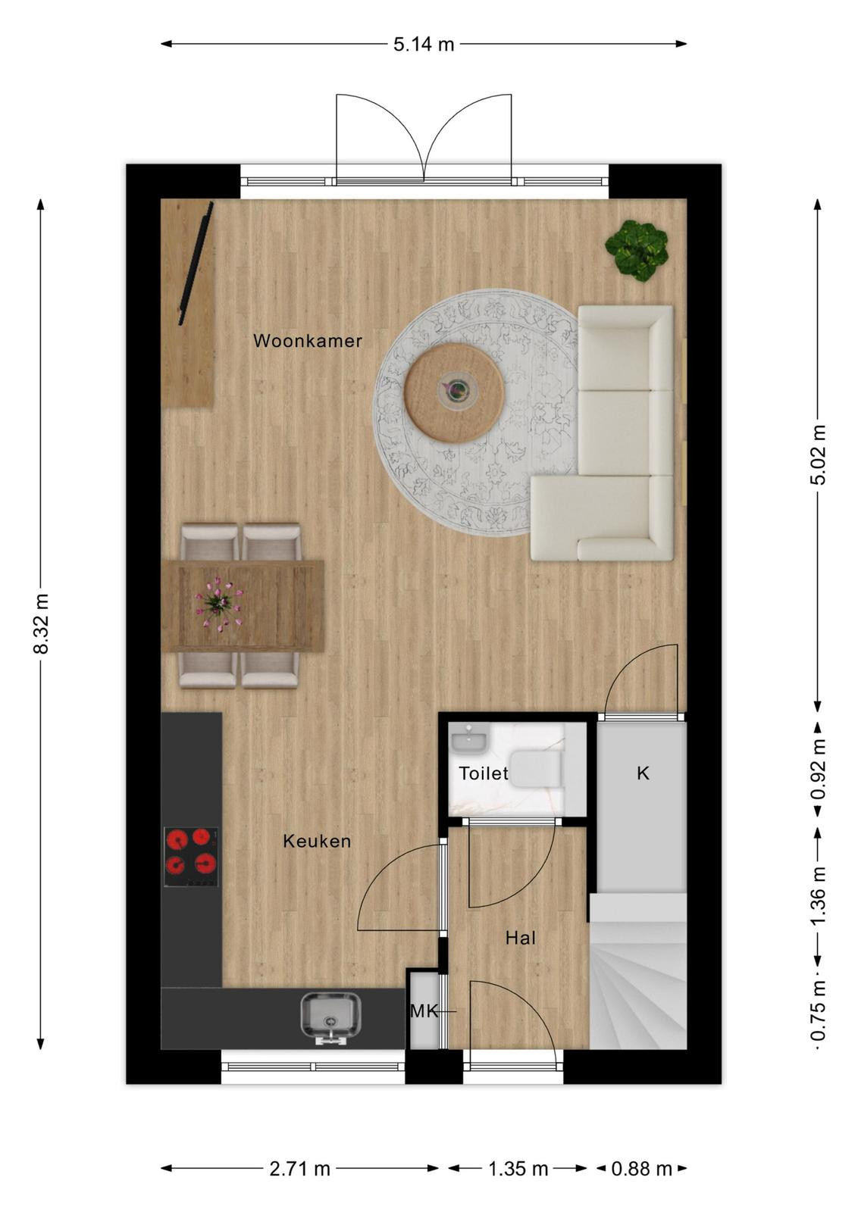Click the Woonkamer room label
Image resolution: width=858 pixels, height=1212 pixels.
pos(308,341)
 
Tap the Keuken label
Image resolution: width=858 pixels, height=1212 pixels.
pos(318,841)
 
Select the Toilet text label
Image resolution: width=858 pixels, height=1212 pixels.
pos(484,773)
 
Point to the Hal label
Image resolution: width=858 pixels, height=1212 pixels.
pos(521,938)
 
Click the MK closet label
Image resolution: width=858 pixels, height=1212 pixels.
pos(424,1011)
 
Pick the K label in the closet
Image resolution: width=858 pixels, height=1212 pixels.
pos(643,773)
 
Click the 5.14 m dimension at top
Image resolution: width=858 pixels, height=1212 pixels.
pos(424,45)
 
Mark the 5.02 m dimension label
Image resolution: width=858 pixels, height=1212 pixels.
pos(819,454)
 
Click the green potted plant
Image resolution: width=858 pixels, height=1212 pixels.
pos(637,250)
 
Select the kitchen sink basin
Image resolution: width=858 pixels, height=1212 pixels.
pos(330,1015)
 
